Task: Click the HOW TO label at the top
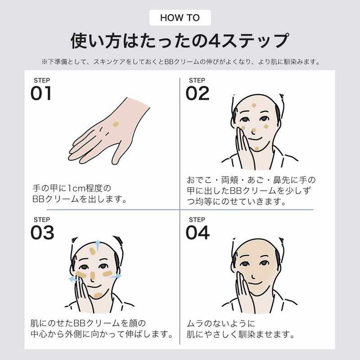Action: [x=180, y=18]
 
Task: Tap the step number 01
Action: [x=41, y=93]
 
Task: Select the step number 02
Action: [x=198, y=93]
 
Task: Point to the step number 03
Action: [x=42, y=232]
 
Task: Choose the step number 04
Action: [x=198, y=232]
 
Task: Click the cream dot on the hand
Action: [x=116, y=125]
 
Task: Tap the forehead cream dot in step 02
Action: [x=254, y=105]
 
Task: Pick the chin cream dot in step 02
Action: [x=257, y=149]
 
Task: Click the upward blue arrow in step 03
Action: [x=98, y=246]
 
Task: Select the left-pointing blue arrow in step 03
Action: [x=74, y=279]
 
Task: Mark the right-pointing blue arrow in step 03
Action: [x=116, y=276]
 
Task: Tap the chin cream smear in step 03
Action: [x=98, y=296]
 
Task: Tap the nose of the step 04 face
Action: [x=253, y=275]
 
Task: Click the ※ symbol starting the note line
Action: [x=45, y=62]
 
